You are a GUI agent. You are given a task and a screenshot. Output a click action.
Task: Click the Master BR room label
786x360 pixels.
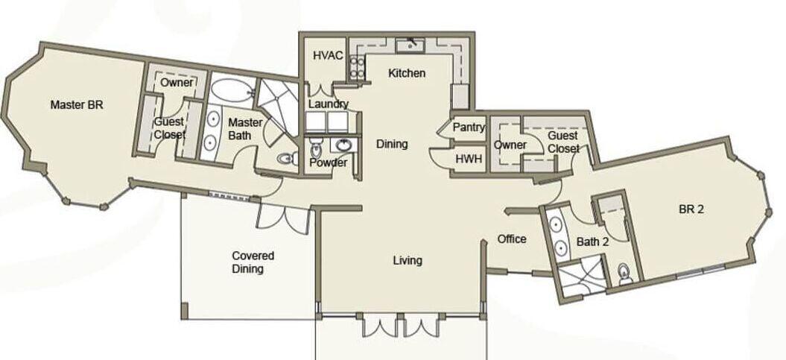77,105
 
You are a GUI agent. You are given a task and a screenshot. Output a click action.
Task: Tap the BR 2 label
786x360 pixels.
691,209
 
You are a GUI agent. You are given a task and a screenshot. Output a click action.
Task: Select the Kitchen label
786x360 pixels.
407,73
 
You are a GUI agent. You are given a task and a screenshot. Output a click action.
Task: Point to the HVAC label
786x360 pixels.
328,55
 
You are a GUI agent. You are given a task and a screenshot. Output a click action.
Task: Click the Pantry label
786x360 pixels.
469,127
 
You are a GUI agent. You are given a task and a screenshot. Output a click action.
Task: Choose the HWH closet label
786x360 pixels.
469,159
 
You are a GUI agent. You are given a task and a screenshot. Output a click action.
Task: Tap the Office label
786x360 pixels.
512,239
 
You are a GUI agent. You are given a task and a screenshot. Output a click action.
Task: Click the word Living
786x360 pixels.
408,260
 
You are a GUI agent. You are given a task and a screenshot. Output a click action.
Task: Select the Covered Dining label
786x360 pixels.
253,262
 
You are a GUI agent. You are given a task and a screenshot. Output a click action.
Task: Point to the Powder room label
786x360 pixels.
329,163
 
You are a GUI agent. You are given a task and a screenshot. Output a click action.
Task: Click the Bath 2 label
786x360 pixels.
592,241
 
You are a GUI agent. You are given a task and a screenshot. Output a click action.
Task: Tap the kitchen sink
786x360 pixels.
411,45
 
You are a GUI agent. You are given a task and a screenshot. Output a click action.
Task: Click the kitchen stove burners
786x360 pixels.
357,68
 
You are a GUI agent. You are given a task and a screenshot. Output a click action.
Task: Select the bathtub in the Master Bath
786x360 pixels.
232,91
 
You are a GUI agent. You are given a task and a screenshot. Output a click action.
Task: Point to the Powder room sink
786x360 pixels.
344,145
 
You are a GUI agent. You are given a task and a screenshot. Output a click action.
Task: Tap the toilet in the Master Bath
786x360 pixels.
286,159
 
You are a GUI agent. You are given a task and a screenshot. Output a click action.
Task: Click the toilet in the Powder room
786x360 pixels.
316,148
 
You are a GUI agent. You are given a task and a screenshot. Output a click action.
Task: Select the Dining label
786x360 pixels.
392,145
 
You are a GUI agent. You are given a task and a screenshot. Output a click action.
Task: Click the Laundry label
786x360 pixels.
329,104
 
